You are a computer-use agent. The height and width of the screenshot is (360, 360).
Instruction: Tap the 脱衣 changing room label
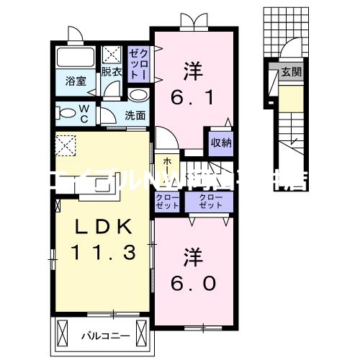coord(111,72)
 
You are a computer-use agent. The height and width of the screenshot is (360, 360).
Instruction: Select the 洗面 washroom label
coord(135,114)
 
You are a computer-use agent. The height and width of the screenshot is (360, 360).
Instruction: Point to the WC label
coord(84,114)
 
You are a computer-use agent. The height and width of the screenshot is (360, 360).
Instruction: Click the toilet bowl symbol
coord(67,113)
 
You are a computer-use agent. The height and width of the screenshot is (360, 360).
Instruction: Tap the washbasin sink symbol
coord(138,95)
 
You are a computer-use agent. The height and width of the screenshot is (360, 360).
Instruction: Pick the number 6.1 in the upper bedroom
coord(193,97)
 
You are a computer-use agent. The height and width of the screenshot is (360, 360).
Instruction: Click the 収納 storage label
coord(221,142)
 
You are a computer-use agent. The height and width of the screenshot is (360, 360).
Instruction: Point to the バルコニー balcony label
coord(99,335)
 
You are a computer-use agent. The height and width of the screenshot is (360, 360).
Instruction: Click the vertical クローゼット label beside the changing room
coord(138,63)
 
